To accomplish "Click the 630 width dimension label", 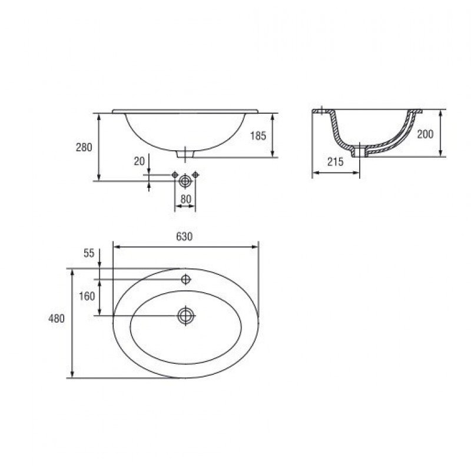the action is [184, 237].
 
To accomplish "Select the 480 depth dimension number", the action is [57, 319].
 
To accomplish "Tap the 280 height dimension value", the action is [84, 148].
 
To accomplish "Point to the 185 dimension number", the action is [258, 136].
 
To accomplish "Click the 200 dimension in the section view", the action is [425, 134].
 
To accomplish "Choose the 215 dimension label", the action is [335, 162].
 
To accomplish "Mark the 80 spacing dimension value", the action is [186, 199].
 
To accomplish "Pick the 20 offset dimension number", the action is [140, 161].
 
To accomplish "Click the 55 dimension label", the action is [89, 253].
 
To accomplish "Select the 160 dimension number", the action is [87, 297].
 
